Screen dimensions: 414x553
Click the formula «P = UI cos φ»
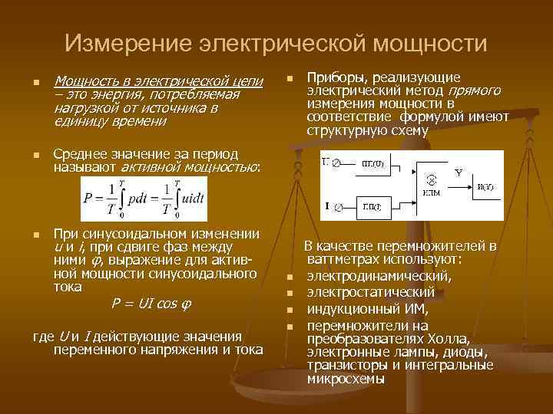[x=151, y=303]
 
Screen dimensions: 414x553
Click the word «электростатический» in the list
[x=370, y=292]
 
